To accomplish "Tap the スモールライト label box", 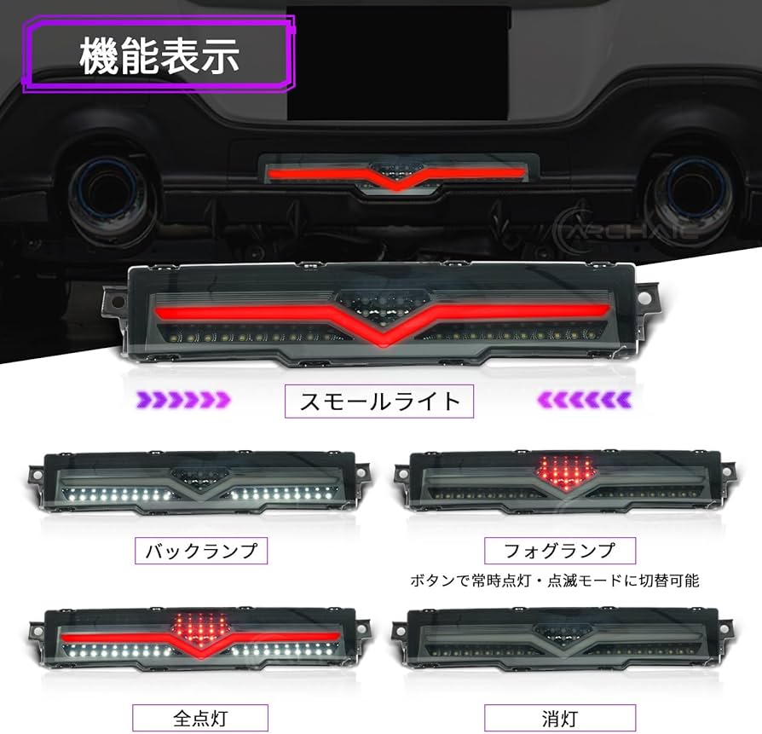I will (x=379, y=399).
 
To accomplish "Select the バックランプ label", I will (x=201, y=550).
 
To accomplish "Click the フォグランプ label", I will (x=560, y=550).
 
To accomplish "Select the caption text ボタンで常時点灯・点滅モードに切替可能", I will (x=554, y=581).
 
